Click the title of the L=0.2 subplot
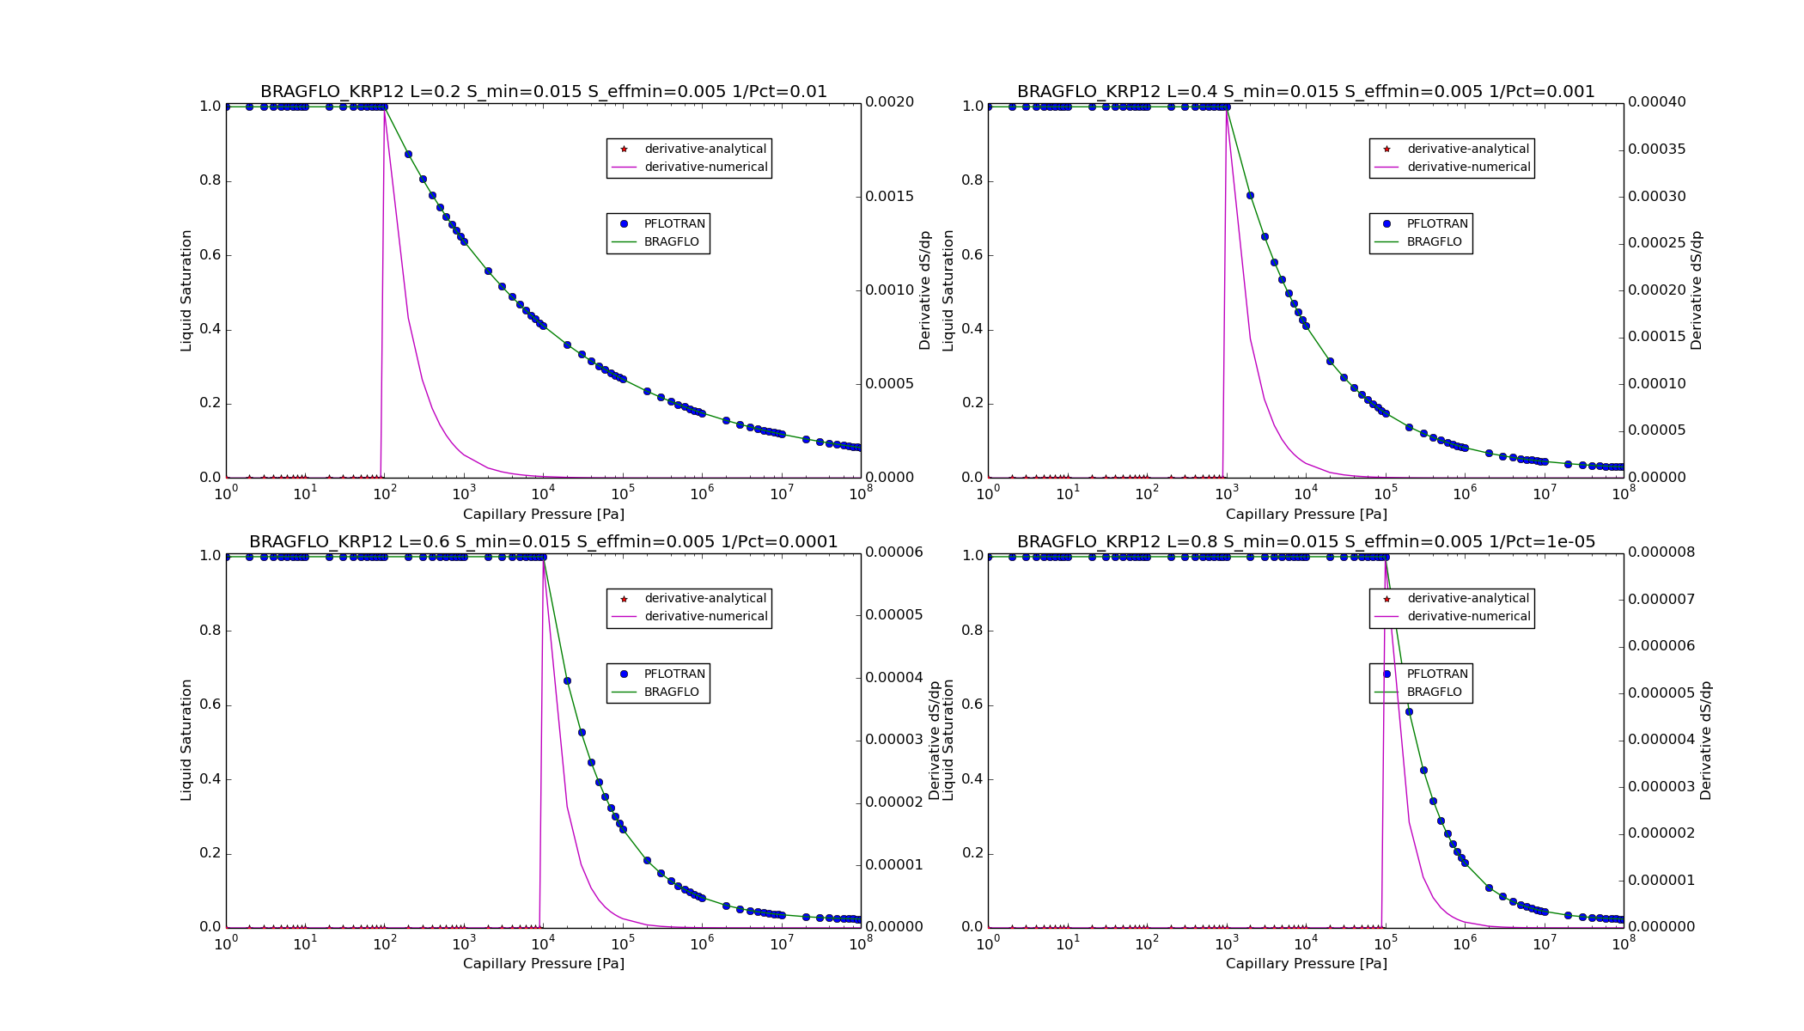tap(543, 92)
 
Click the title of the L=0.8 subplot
tap(1306, 542)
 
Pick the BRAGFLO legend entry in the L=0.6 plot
tap(671, 692)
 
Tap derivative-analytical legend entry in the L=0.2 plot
tap(704, 149)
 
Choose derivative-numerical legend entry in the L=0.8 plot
tap(1468, 617)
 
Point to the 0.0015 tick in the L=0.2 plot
tap(889, 197)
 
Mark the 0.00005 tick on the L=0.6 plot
tap(893, 615)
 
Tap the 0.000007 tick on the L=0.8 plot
tap(1661, 599)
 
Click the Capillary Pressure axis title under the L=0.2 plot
tap(543, 515)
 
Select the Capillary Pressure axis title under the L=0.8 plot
tap(1306, 964)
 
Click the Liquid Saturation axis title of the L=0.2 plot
tap(186, 290)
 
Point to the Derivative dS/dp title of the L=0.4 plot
tap(1696, 290)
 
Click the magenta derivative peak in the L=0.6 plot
tap(543, 559)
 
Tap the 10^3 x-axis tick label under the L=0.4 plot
tap(1227, 494)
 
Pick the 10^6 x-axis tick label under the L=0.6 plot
tap(702, 944)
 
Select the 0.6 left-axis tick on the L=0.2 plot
tap(210, 255)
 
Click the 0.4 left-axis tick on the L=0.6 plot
tap(210, 779)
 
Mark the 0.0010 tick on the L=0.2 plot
tap(889, 290)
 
